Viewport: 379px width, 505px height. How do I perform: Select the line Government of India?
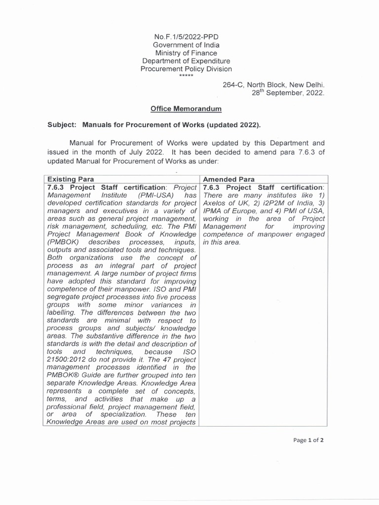click(186, 44)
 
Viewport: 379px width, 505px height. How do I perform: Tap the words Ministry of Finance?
click(186, 53)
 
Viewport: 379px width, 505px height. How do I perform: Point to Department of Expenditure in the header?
click(186, 61)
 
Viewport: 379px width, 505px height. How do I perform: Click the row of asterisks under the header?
click(186, 75)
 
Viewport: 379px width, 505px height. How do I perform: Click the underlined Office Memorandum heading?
click(186, 108)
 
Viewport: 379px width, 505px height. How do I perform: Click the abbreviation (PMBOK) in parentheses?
click(63, 242)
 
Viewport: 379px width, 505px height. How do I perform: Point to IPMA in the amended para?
click(214, 211)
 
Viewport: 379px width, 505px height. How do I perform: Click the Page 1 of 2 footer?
click(308, 440)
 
